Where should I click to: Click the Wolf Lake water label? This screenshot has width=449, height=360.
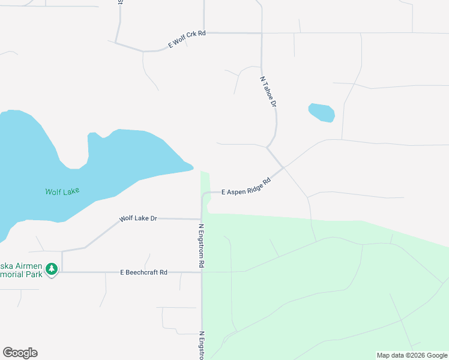point(62,192)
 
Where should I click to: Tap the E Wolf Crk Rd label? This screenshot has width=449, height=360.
point(187,39)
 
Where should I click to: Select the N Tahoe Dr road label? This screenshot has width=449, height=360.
point(268,92)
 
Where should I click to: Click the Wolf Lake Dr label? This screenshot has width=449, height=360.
point(137,218)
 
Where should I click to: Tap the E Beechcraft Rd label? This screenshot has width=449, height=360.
point(143,272)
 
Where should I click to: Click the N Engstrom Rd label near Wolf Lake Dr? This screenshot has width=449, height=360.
point(202,246)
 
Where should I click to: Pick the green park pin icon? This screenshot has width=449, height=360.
point(52,269)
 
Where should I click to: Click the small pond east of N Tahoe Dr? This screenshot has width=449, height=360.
point(321,112)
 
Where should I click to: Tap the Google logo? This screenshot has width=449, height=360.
point(20,353)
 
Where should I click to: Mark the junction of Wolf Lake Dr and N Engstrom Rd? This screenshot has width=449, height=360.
point(202,219)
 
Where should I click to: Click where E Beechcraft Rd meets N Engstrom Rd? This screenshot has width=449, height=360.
point(202,272)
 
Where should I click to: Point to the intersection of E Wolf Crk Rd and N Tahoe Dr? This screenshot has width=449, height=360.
point(262,33)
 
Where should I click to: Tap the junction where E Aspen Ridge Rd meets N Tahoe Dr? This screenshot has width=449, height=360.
point(283,167)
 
